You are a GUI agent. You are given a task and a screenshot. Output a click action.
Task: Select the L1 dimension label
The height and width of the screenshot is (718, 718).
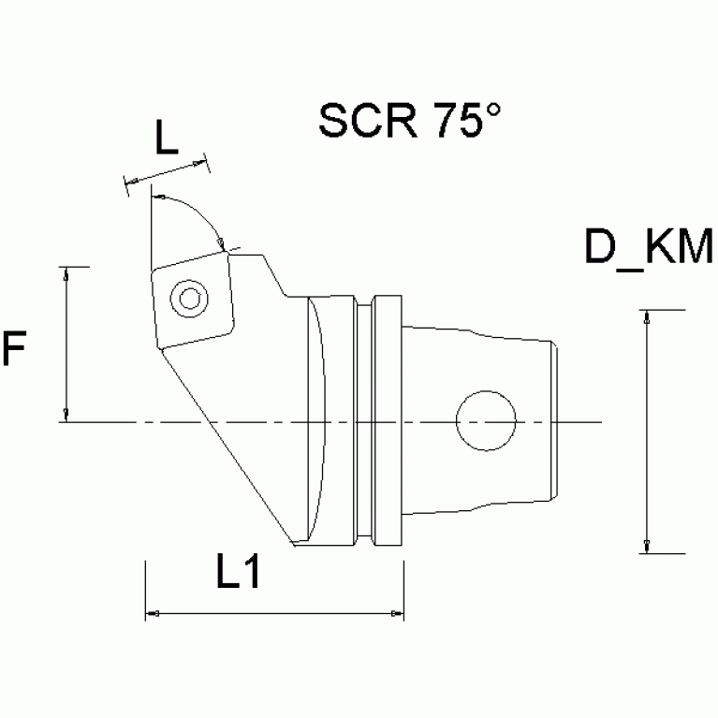tap(238, 574)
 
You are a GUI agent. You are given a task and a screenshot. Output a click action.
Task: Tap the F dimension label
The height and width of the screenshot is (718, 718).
tap(14, 349)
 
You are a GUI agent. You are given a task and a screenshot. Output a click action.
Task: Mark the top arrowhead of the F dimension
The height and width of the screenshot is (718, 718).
tap(66, 273)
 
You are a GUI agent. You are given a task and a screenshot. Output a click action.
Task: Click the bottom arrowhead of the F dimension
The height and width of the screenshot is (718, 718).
tap(66, 415)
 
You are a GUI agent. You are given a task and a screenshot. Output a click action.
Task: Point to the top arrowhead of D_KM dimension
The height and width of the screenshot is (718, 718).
tap(646, 316)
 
